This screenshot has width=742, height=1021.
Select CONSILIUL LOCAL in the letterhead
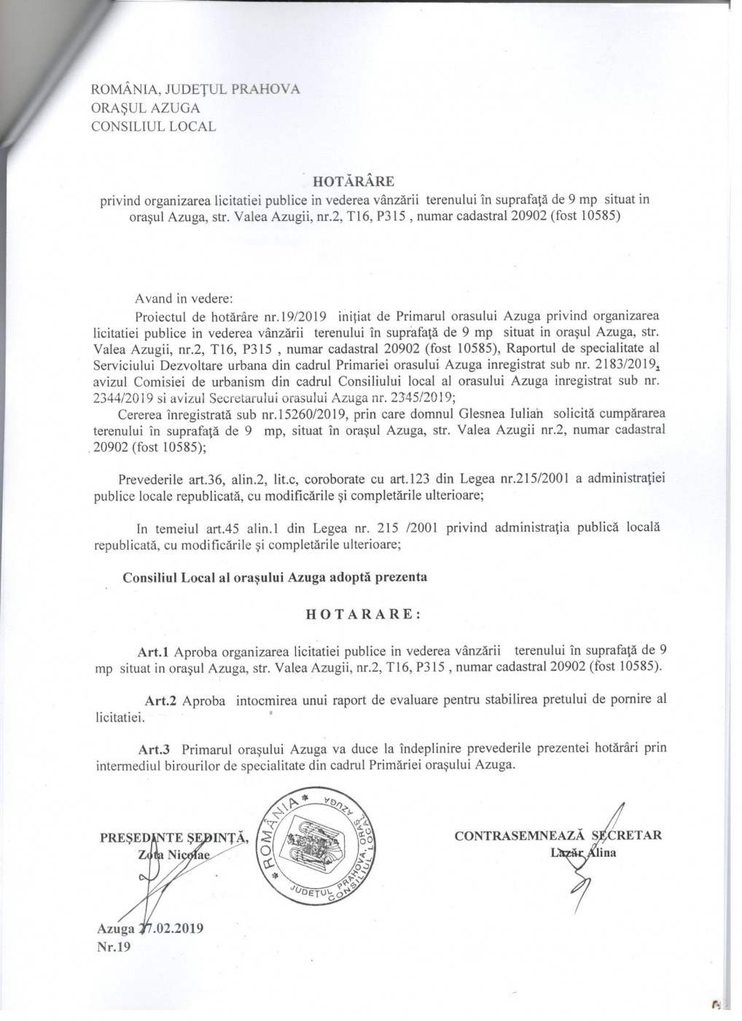(153, 126)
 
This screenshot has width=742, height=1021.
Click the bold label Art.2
(162, 700)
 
